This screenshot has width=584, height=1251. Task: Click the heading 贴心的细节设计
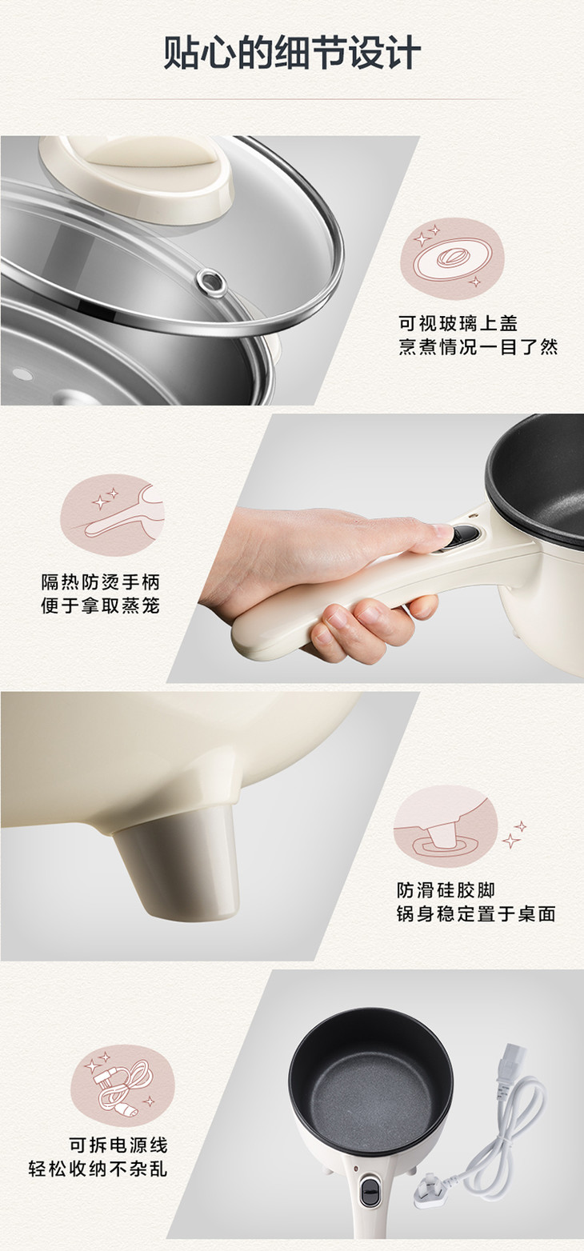point(292,53)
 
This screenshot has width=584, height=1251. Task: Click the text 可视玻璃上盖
point(458,323)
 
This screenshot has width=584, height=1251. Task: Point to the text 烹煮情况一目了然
point(478,347)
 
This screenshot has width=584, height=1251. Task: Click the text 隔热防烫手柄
point(101,582)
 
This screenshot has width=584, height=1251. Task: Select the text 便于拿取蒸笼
point(101,606)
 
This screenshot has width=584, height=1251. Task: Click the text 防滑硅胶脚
point(446,890)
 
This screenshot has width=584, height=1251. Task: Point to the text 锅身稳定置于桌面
point(476,913)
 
